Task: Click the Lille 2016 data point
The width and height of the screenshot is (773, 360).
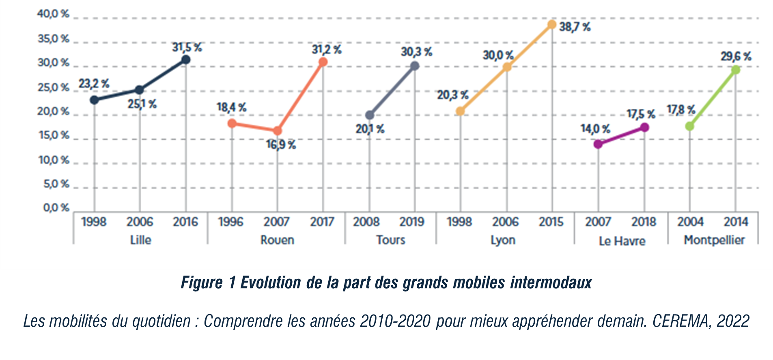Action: click(186, 60)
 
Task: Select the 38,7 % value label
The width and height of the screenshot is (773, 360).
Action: click(575, 27)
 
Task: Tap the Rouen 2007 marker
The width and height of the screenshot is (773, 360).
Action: click(278, 131)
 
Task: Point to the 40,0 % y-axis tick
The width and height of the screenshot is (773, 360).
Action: click(54, 14)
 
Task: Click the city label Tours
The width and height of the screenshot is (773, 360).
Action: click(390, 240)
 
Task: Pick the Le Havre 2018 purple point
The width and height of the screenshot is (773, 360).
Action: click(644, 127)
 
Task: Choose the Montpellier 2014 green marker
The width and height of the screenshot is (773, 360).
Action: click(736, 70)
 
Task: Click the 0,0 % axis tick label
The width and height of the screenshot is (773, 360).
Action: click(56, 208)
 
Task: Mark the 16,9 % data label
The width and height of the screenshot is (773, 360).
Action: click(281, 144)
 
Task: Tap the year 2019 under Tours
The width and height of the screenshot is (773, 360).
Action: click(412, 222)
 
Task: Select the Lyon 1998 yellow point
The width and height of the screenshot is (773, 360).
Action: click(460, 111)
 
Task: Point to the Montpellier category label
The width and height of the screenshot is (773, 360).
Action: click(714, 240)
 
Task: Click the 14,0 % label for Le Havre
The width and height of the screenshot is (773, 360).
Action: click(595, 129)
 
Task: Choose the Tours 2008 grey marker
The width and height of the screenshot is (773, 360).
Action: click(370, 115)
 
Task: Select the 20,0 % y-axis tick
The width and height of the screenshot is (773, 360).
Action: click(54, 112)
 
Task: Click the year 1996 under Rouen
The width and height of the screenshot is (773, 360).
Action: click(230, 222)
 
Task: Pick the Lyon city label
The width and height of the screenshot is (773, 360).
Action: click(503, 240)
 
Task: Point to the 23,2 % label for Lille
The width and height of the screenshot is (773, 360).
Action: click(94, 84)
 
